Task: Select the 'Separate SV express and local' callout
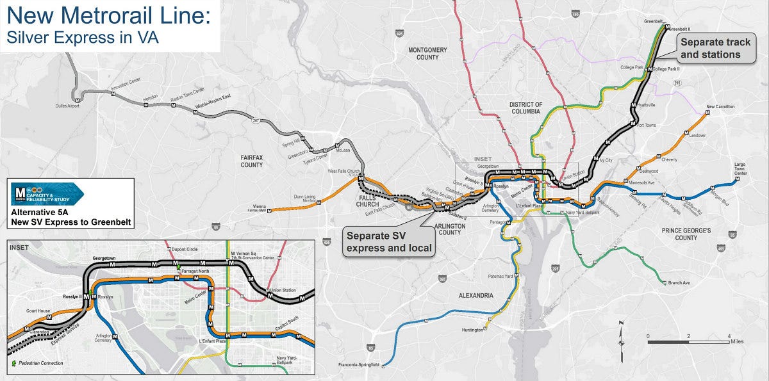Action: (x=389, y=241)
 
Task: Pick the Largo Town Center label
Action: (x=740, y=169)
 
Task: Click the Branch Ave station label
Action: (x=679, y=282)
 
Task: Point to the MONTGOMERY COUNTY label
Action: (x=427, y=53)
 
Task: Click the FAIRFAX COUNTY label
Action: (x=252, y=161)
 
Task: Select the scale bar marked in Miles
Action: (x=688, y=342)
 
